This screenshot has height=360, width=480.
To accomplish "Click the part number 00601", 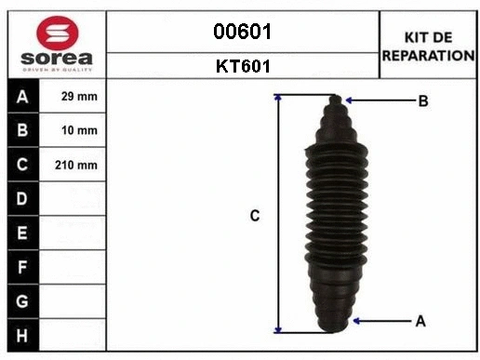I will click(x=242, y=32).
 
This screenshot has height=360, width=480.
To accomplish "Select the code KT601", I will click(x=242, y=66).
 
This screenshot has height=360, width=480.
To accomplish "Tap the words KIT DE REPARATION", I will click(x=428, y=46).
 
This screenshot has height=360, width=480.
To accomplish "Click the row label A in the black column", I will click(x=22, y=97).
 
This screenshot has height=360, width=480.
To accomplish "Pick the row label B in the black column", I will click(x=22, y=131).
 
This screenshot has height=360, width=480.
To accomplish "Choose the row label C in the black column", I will click(x=22, y=165).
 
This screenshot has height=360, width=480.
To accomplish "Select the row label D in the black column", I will click(x=22, y=199).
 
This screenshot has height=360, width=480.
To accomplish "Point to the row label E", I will click(x=22, y=233).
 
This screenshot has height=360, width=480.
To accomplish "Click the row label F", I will click(x=22, y=267).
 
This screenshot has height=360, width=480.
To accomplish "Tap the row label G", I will click(x=22, y=300).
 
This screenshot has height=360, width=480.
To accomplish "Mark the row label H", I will click(x=22, y=334).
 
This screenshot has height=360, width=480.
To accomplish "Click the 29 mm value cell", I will click(x=78, y=97).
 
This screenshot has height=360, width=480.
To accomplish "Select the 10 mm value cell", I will click(x=78, y=131).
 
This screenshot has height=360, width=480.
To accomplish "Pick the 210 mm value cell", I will click(x=78, y=165).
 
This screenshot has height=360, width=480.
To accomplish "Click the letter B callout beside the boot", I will click(x=422, y=100).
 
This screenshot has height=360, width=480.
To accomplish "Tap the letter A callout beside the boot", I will click(x=420, y=321).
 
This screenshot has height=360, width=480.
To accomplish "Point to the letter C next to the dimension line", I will click(x=254, y=216).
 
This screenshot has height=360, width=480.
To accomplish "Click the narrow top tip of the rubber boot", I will click(x=337, y=100).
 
